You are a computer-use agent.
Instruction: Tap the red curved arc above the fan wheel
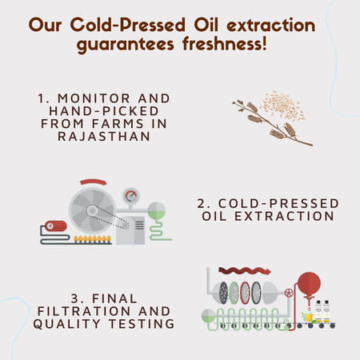click(x=93, y=182)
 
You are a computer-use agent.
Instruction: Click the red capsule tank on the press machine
click(x=55, y=226)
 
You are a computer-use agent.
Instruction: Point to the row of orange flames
click(x=92, y=238)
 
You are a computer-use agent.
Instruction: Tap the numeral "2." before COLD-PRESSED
click(x=202, y=203)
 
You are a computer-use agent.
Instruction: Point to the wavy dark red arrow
click(x=244, y=270)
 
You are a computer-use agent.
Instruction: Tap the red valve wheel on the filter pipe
click(x=288, y=294)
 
